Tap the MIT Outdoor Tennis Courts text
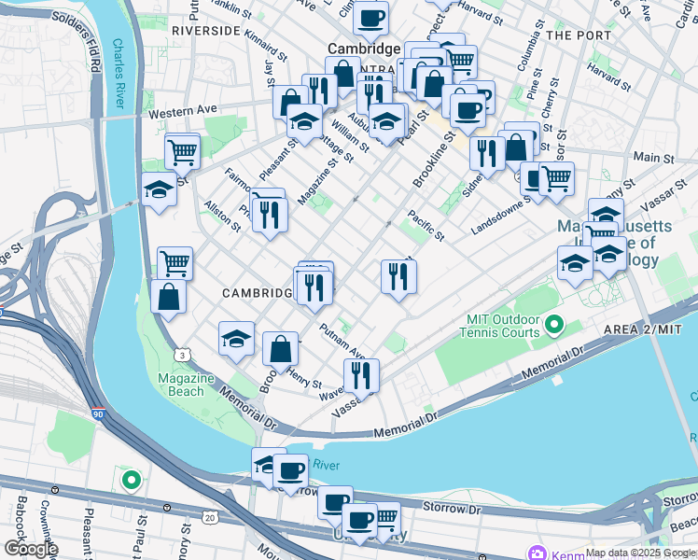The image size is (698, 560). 503,326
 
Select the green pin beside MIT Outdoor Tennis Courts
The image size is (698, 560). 554,326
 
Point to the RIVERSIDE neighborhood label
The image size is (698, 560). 206,31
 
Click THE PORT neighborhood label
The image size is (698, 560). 579,35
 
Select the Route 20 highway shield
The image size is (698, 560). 209,517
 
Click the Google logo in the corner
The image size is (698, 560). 30,549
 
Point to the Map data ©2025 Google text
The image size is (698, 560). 640,553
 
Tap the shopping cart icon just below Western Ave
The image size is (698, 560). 182,149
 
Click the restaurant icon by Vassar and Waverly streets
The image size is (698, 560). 360,375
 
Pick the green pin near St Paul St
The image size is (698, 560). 132,482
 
